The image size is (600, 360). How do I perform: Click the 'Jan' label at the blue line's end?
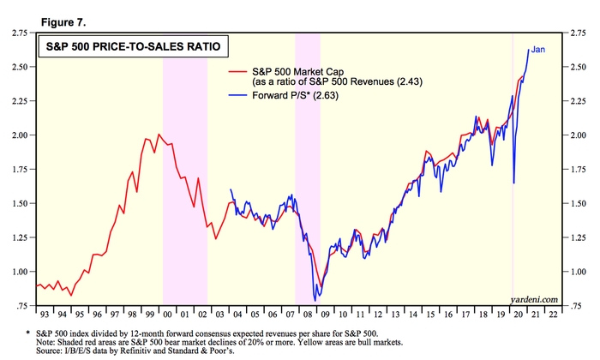click(x=539, y=50)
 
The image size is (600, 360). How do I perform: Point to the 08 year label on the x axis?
click(x=307, y=315)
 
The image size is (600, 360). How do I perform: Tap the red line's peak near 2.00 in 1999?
click(x=146, y=135)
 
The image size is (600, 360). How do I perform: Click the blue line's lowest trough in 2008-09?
click(x=316, y=300)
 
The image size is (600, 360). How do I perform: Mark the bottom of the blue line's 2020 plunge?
click(x=513, y=183)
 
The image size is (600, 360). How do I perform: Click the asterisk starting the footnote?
click(x=27, y=330)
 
